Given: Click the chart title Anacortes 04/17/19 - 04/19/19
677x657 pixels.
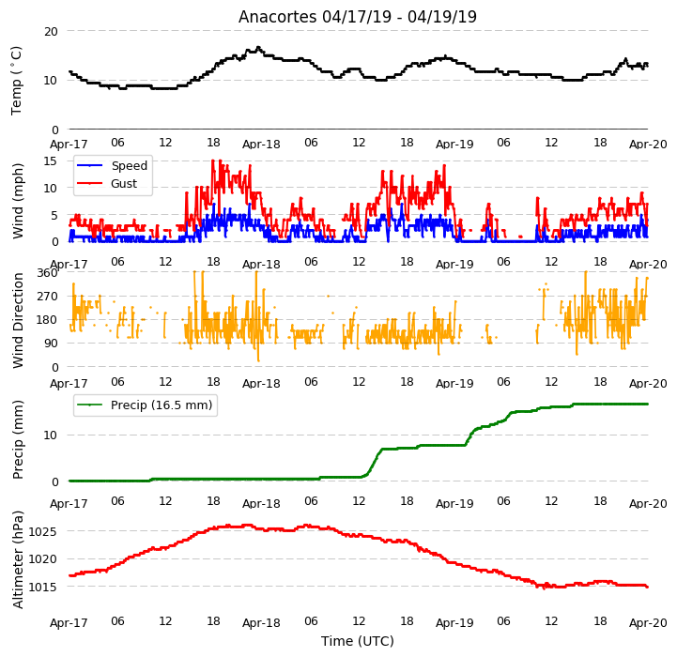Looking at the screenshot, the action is click(x=358, y=17).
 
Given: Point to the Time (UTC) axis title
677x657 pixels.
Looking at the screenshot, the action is click(x=358, y=641).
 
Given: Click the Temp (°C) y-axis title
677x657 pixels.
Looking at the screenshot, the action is click(x=16, y=81).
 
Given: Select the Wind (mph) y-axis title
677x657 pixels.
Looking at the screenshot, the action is click(x=17, y=201).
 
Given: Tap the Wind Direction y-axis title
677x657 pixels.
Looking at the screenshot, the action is click(x=17, y=320).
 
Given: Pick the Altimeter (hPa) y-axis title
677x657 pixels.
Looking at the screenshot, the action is click(x=17, y=560).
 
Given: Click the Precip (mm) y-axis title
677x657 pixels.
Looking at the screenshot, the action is click(x=17, y=440).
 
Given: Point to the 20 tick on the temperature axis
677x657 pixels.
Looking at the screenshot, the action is click(x=51, y=32).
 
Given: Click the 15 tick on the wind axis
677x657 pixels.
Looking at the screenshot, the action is click(x=51, y=161).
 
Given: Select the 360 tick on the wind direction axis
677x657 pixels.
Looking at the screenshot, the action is click(x=48, y=273).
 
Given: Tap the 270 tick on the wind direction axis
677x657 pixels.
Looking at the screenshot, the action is click(x=48, y=297).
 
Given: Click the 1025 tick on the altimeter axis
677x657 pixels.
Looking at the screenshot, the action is click(x=43, y=531).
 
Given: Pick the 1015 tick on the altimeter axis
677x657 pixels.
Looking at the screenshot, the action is click(x=43, y=587).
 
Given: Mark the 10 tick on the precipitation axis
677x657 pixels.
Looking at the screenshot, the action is click(x=51, y=435).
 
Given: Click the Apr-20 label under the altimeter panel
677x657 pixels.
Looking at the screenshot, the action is click(x=648, y=623).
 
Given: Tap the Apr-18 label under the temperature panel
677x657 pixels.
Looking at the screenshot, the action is click(x=261, y=144).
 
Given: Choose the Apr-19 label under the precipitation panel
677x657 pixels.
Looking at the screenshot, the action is click(x=454, y=503).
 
